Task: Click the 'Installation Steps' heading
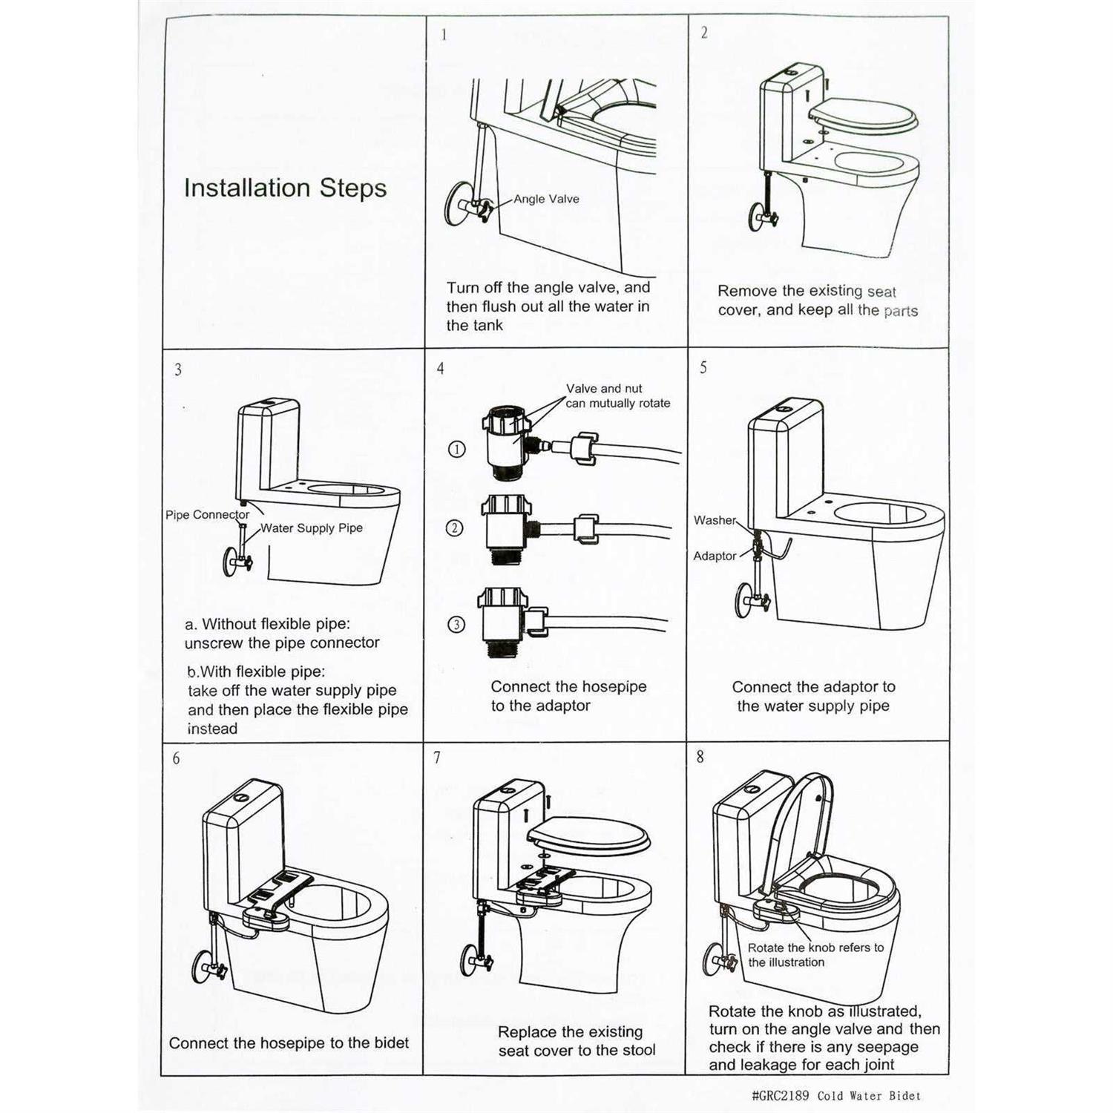tap(285, 188)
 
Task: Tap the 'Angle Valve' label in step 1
tap(546, 199)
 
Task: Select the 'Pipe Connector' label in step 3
tap(207, 515)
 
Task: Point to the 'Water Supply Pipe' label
tap(311, 528)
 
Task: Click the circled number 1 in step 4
tap(457, 449)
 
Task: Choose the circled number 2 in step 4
tap(455, 528)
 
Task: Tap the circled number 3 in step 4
tap(456, 624)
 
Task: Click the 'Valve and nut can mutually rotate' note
tap(617, 396)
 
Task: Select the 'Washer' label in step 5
tap(714, 520)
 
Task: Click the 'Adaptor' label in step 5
tap(714, 556)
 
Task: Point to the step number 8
tap(700, 758)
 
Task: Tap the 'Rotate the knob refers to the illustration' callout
tap(815, 955)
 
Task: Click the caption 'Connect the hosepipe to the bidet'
tap(289, 1043)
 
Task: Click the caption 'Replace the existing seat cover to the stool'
tap(577, 1041)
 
